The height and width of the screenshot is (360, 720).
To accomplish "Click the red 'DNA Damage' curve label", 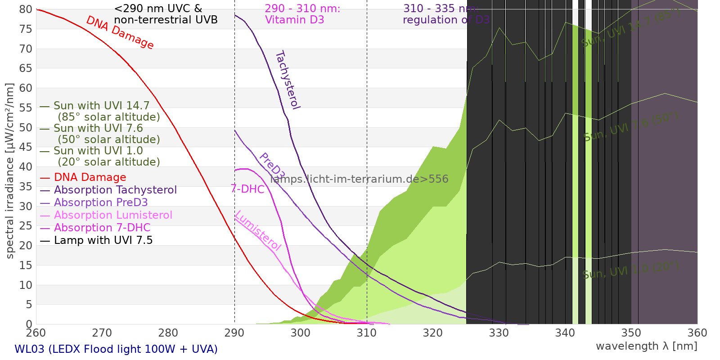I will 120,33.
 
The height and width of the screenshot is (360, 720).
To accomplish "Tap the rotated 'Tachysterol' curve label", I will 288,80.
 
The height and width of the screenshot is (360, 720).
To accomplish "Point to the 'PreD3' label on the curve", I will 272,166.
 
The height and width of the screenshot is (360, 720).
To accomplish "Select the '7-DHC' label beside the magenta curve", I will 247,189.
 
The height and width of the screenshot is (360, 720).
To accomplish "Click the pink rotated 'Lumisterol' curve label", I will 258,230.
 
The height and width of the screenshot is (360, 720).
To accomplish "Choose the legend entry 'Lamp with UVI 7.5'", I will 103,240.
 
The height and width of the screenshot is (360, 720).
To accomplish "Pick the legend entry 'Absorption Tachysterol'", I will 115,190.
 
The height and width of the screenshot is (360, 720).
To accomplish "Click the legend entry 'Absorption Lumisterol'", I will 113,215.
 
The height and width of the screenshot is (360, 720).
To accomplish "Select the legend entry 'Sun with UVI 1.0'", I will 98,151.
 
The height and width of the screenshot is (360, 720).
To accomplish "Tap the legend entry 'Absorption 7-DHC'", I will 102,228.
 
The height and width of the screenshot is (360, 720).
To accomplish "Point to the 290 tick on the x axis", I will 234,333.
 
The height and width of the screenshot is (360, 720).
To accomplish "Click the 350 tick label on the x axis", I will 631,333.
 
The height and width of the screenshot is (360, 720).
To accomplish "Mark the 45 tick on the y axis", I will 26,147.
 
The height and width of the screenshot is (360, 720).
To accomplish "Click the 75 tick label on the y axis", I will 26,29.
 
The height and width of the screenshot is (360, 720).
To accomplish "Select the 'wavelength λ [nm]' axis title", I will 646,346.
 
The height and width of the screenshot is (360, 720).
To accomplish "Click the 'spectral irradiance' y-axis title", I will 10,171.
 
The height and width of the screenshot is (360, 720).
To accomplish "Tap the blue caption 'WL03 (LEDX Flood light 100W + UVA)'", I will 116,349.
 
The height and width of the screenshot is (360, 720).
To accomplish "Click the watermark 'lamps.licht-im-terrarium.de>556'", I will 359,179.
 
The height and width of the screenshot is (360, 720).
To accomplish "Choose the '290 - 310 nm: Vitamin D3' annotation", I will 302,14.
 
